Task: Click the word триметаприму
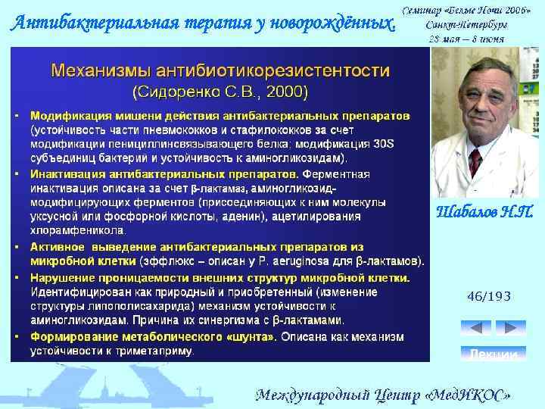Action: click(160, 351)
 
